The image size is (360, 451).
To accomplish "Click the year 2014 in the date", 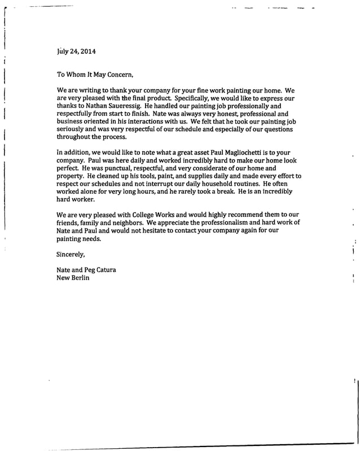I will (x=87, y=51).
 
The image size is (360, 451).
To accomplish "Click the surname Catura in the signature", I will (x=103, y=269).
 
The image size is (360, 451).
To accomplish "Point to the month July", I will (x=64, y=51).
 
